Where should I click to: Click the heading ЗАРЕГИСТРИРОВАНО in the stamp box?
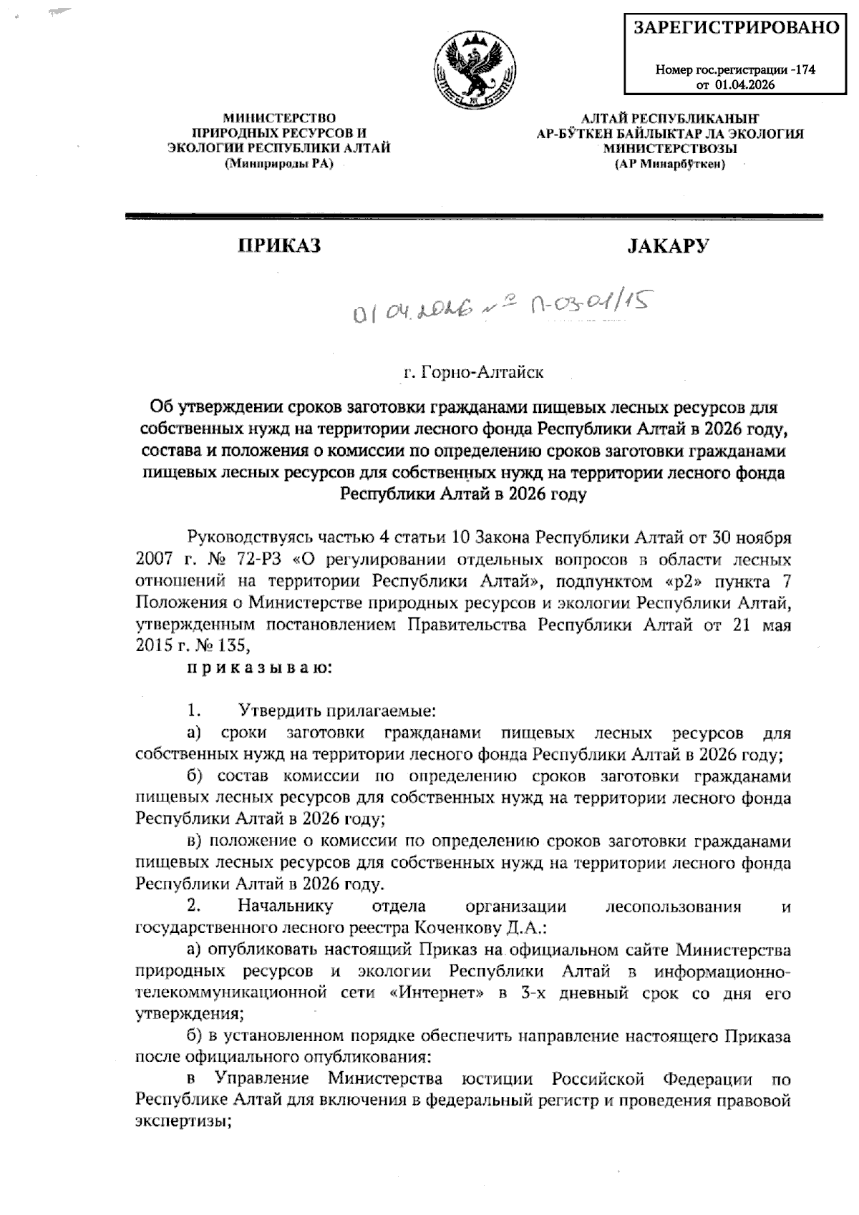tap(736, 28)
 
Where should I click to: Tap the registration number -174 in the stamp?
tap(804, 70)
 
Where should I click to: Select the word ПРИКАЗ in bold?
tap(279, 246)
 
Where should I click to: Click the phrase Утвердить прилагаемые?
tap(336, 711)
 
